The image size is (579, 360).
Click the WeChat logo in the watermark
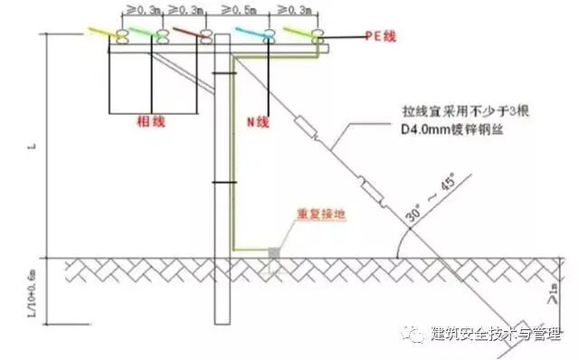(415, 335)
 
